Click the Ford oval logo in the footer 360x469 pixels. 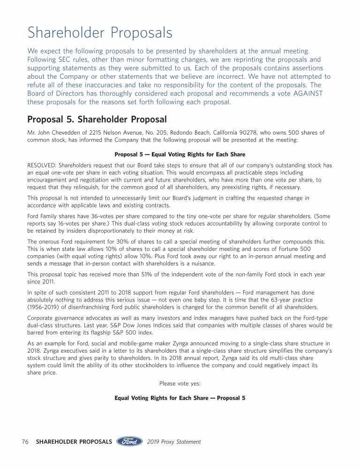(x=129, y=442)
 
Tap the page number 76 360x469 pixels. (x=26, y=442)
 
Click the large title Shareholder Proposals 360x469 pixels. (x=100, y=33)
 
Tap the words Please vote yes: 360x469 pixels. (x=180, y=384)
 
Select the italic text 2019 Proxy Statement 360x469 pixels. (x=174, y=442)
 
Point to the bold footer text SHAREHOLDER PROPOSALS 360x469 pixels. (x=74, y=442)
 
